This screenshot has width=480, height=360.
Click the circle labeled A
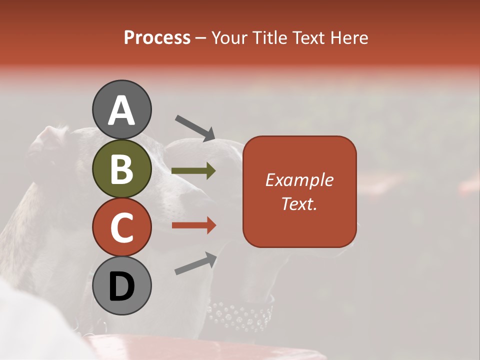tap(122, 109)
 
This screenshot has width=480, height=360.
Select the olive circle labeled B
tap(122, 168)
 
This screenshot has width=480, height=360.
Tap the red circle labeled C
tap(122, 227)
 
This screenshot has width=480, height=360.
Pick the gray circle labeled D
tap(122, 285)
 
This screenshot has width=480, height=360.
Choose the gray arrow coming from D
tap(195, 263)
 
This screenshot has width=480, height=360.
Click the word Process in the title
tap(157, 37)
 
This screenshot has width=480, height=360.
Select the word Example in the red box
tap(299, 180)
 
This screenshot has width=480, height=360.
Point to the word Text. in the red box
tap(299, 203)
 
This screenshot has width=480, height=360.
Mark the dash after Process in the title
tap(201, 38)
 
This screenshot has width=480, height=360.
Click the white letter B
tap(122, 168)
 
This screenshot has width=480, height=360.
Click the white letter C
tap(122, 227)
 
